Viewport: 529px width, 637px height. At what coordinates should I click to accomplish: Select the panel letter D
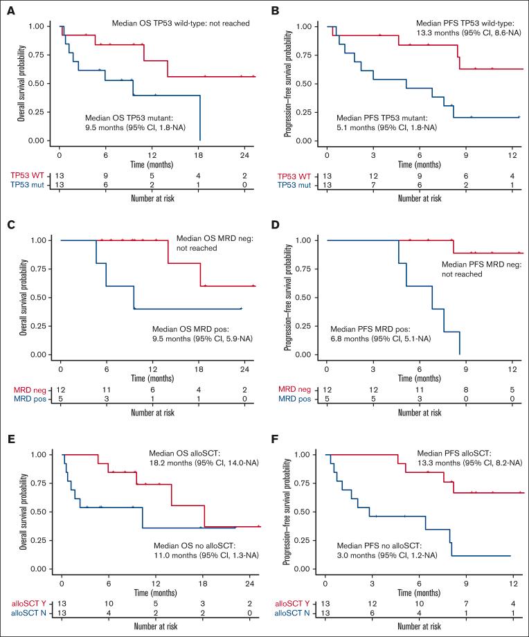(273, 223)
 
